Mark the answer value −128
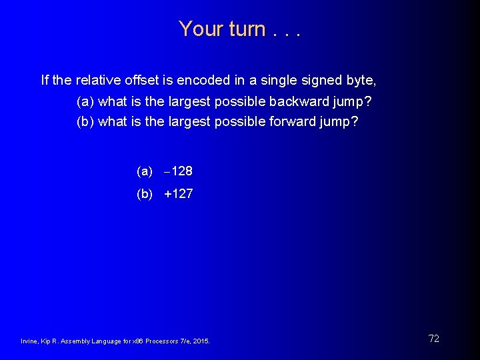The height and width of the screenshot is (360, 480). pyautogui.click(x=179, y=171)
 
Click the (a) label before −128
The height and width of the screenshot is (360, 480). pyautogui.click(x=145, y=171)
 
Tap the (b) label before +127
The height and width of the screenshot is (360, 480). pyautogui.click(x=145, y=194)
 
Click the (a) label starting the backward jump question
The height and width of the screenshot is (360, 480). pyautogui.click(x=85, y=101)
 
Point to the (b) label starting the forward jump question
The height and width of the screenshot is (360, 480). pyautogui.click(x=85, y=122)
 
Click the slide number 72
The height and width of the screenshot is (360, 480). pyautogui.click(x=434, y=339)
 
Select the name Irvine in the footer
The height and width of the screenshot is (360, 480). pyautogui.click(x=30, y=341)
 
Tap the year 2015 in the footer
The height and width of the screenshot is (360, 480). pyautogui.click(x=201, y=341)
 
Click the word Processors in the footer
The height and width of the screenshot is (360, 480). pyautogui.click(x=159, y=341)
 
